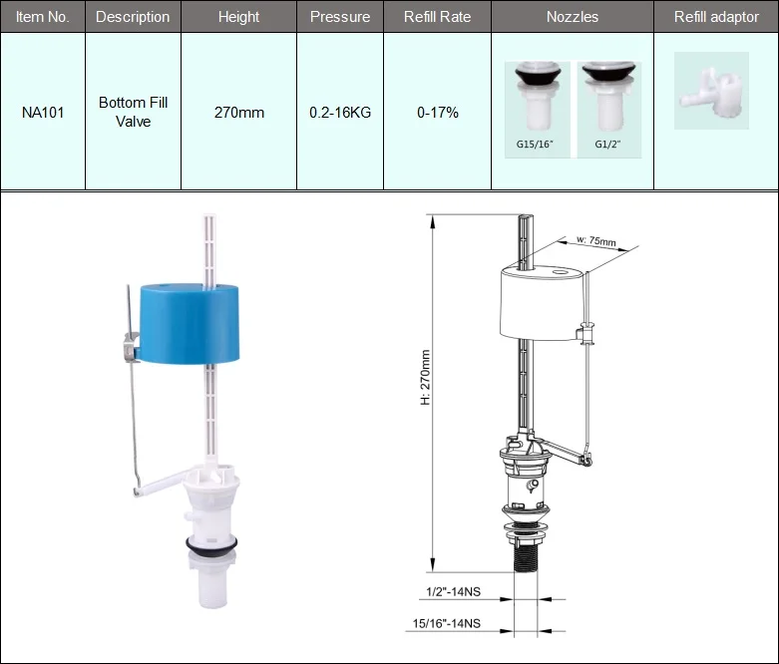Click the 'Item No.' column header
pyautogui.click(x=42, y=17)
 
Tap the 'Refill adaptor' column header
pyautogui.click(x=715, y=17)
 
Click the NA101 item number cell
pyautogui.click(x=42, y=113)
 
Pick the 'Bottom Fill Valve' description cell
pyautogui.click(x=133, y=112)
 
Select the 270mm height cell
pyautogui.click(x=239, y=113)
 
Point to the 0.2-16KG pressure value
pyautogui.click(x=340, y=113)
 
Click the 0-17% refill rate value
pyautogui.click(x=438, y=113)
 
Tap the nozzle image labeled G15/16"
pyautogui.click(x=536, y=101)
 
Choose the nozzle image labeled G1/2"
pyautogui.click(x=607, y=101)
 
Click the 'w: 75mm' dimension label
pyautogui.click(x=597, y=241)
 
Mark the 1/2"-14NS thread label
pyautogui.click(x=448, y=591)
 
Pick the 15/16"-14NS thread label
pyautogui.click(x=447, y=623)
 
